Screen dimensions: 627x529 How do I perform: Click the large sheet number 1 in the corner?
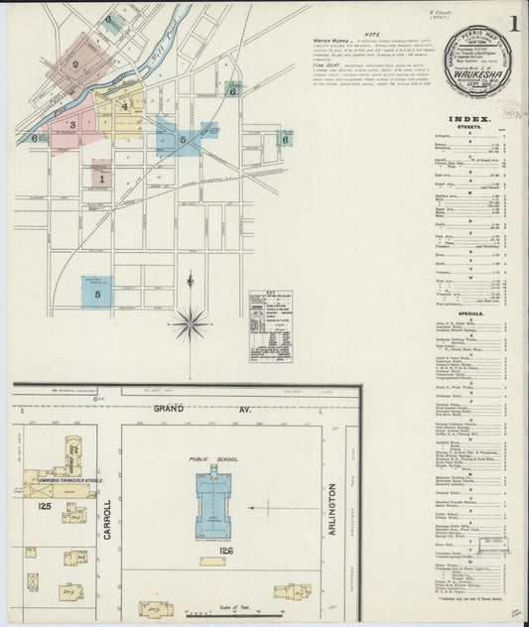click(x=514, y=21)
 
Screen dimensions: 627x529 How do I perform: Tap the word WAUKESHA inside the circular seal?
click(x=479, y=72)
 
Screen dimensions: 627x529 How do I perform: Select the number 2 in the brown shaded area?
click(x=75, y=65)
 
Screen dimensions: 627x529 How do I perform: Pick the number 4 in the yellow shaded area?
click(x=124, y=106)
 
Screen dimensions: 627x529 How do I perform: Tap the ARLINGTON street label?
click(x=332, y=516)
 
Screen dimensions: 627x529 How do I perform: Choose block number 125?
click(x=43, y=506)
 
